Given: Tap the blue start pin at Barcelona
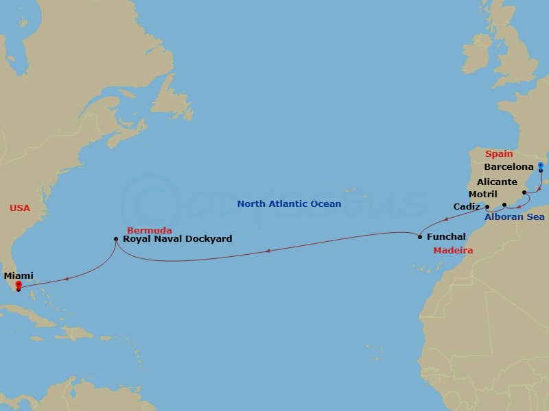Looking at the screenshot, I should click(541, 166).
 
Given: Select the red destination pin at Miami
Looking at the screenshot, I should click(18, 286).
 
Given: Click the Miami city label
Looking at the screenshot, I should click(19, 275).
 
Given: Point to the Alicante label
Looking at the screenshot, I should click(498, 182).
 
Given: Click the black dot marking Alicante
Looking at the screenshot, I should click(524, 193).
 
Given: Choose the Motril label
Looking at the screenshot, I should click(482, 194).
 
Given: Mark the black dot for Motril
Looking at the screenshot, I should click(504, 205).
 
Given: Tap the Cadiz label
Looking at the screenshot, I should click(467, 206).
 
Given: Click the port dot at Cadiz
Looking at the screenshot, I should click(487, 207).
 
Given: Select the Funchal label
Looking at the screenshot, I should click(446, 237).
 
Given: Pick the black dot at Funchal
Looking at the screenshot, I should click(420, 237).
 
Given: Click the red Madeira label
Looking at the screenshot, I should click(453, 251).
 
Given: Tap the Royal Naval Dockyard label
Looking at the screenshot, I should click(178, 239).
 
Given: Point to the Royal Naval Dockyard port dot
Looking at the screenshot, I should click(115, 239).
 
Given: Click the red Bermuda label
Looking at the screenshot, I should click(149, 230).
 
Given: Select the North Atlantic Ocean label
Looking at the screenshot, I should click(289, 203).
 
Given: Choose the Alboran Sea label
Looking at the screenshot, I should click(515, 217).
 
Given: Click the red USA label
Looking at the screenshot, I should click(20, 208).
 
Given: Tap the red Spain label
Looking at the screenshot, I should click(499, 154).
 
